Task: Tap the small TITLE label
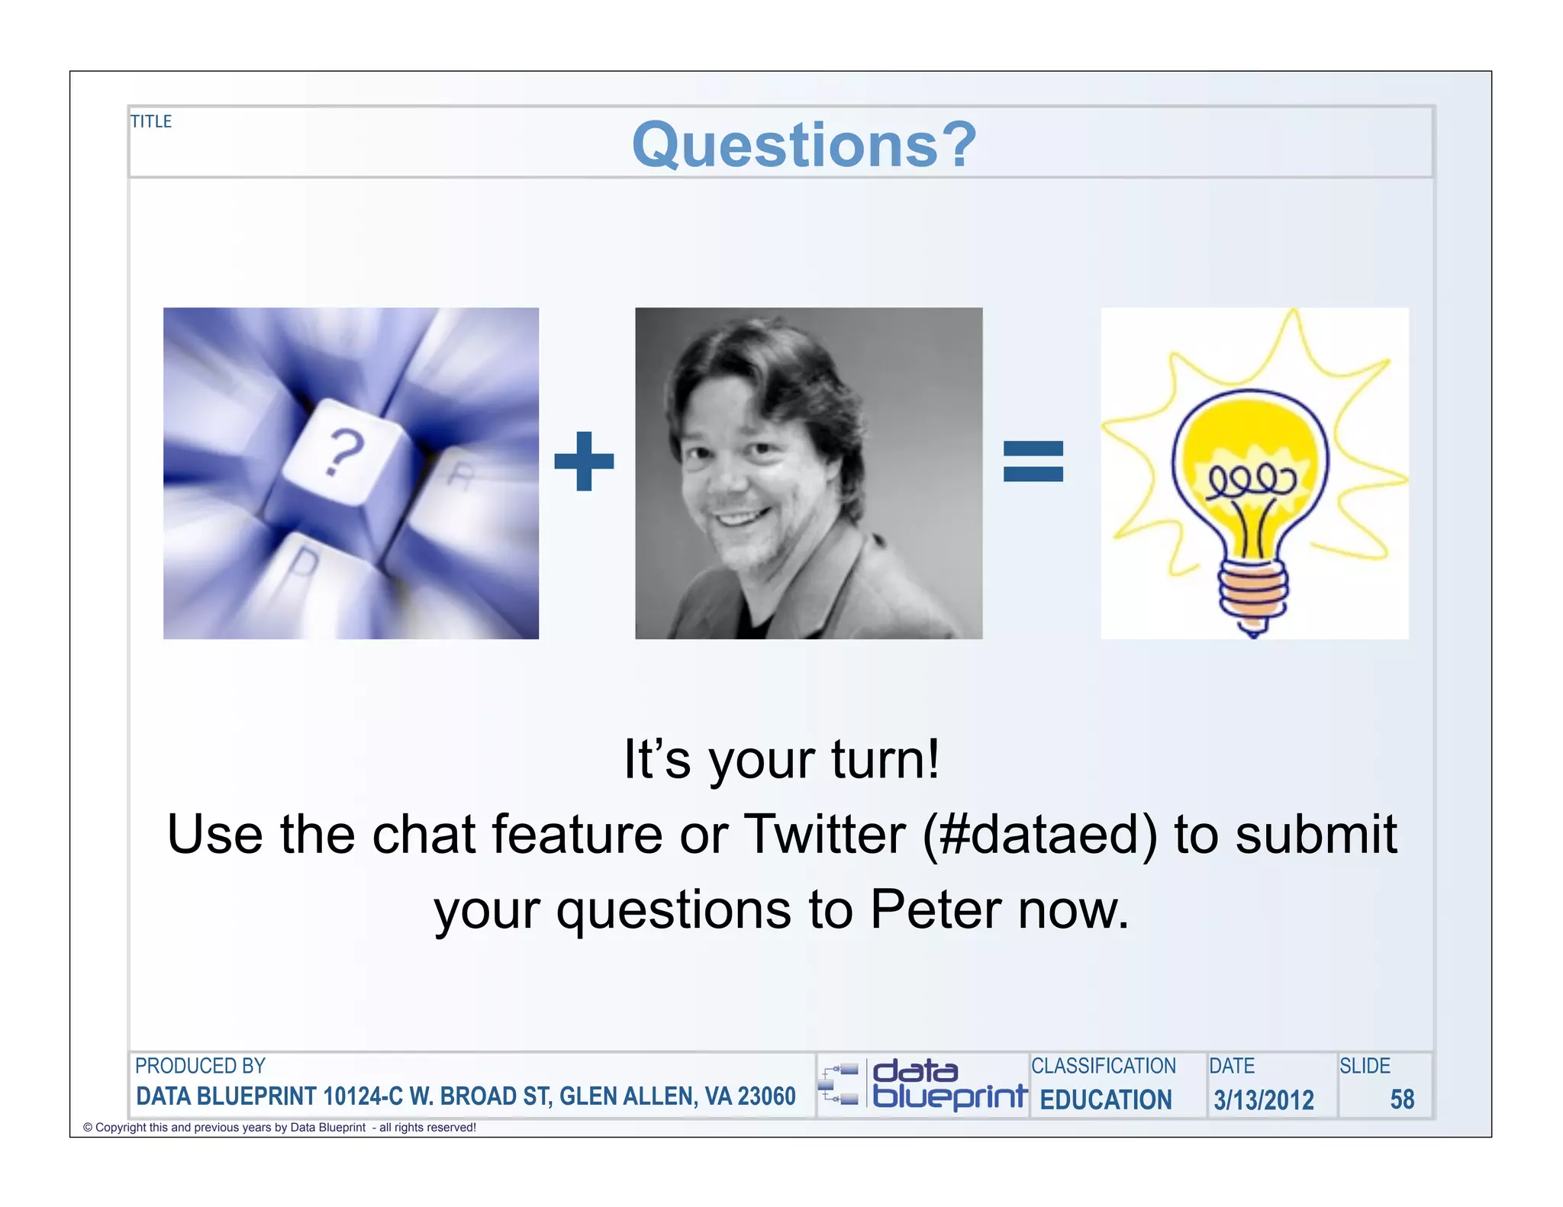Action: pos(151,121)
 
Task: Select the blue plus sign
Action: pos(584,461)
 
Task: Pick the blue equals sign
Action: pos(1033,461)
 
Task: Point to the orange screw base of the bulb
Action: pos(1252,591)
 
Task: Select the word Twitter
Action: pos(824,834)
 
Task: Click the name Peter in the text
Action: pos(936,909)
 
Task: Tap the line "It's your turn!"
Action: pos(781,760)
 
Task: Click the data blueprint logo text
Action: pos(949,1083)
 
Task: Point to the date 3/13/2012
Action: pos(1264,1099)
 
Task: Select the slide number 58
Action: pos(1402,1099)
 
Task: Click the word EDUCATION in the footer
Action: pos(1106,1099)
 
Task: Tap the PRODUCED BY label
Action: pos(200,1066)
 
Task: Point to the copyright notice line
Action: pos(279,1128)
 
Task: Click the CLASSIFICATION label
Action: pos(1104,1066)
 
